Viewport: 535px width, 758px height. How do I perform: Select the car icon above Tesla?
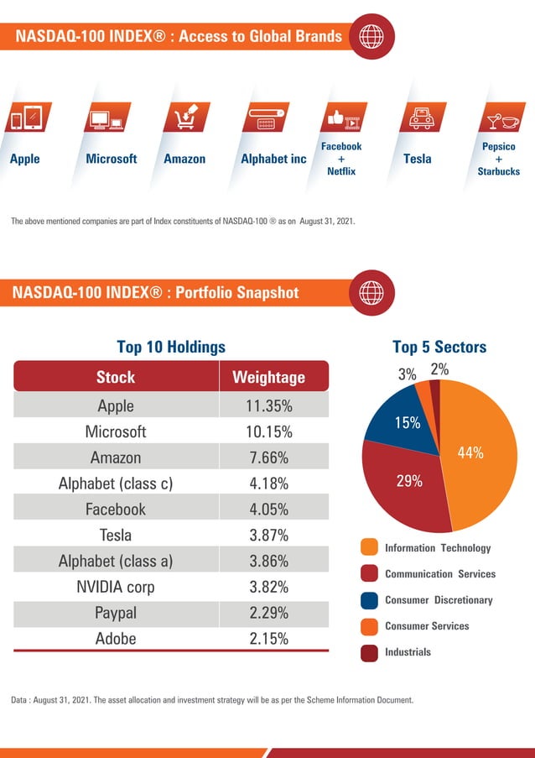pyautogui.click(x=418, y=118)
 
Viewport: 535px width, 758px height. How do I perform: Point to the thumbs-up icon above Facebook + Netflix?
pyautogui.click(x=342, y=118)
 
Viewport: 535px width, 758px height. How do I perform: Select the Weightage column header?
pyautogui.click(x=268, y=377)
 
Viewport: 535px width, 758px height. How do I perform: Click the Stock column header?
pyautogui.click(x=116, y=377)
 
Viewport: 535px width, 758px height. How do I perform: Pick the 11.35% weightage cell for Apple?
pyautogui.click(x=268, y=405)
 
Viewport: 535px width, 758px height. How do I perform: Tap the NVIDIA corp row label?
pyautogui.click(x=116, y=586)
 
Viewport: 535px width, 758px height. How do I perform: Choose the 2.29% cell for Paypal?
pyautogui.click(x=268, y=612)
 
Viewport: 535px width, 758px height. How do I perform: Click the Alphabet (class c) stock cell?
pyautogui.click(x=116, y=484)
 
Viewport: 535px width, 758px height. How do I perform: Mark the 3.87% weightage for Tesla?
pyautogui.click(x=268, y=535)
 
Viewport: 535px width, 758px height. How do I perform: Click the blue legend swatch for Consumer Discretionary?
pyautogui.click(x=369, y=600)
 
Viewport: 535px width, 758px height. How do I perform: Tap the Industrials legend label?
pyautogui.click(x=408, y=651)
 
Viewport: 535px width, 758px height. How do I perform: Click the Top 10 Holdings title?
pyautogui.click(x=171, y=347)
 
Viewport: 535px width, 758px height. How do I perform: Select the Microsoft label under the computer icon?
pyautogui.click(x=112, y=159)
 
